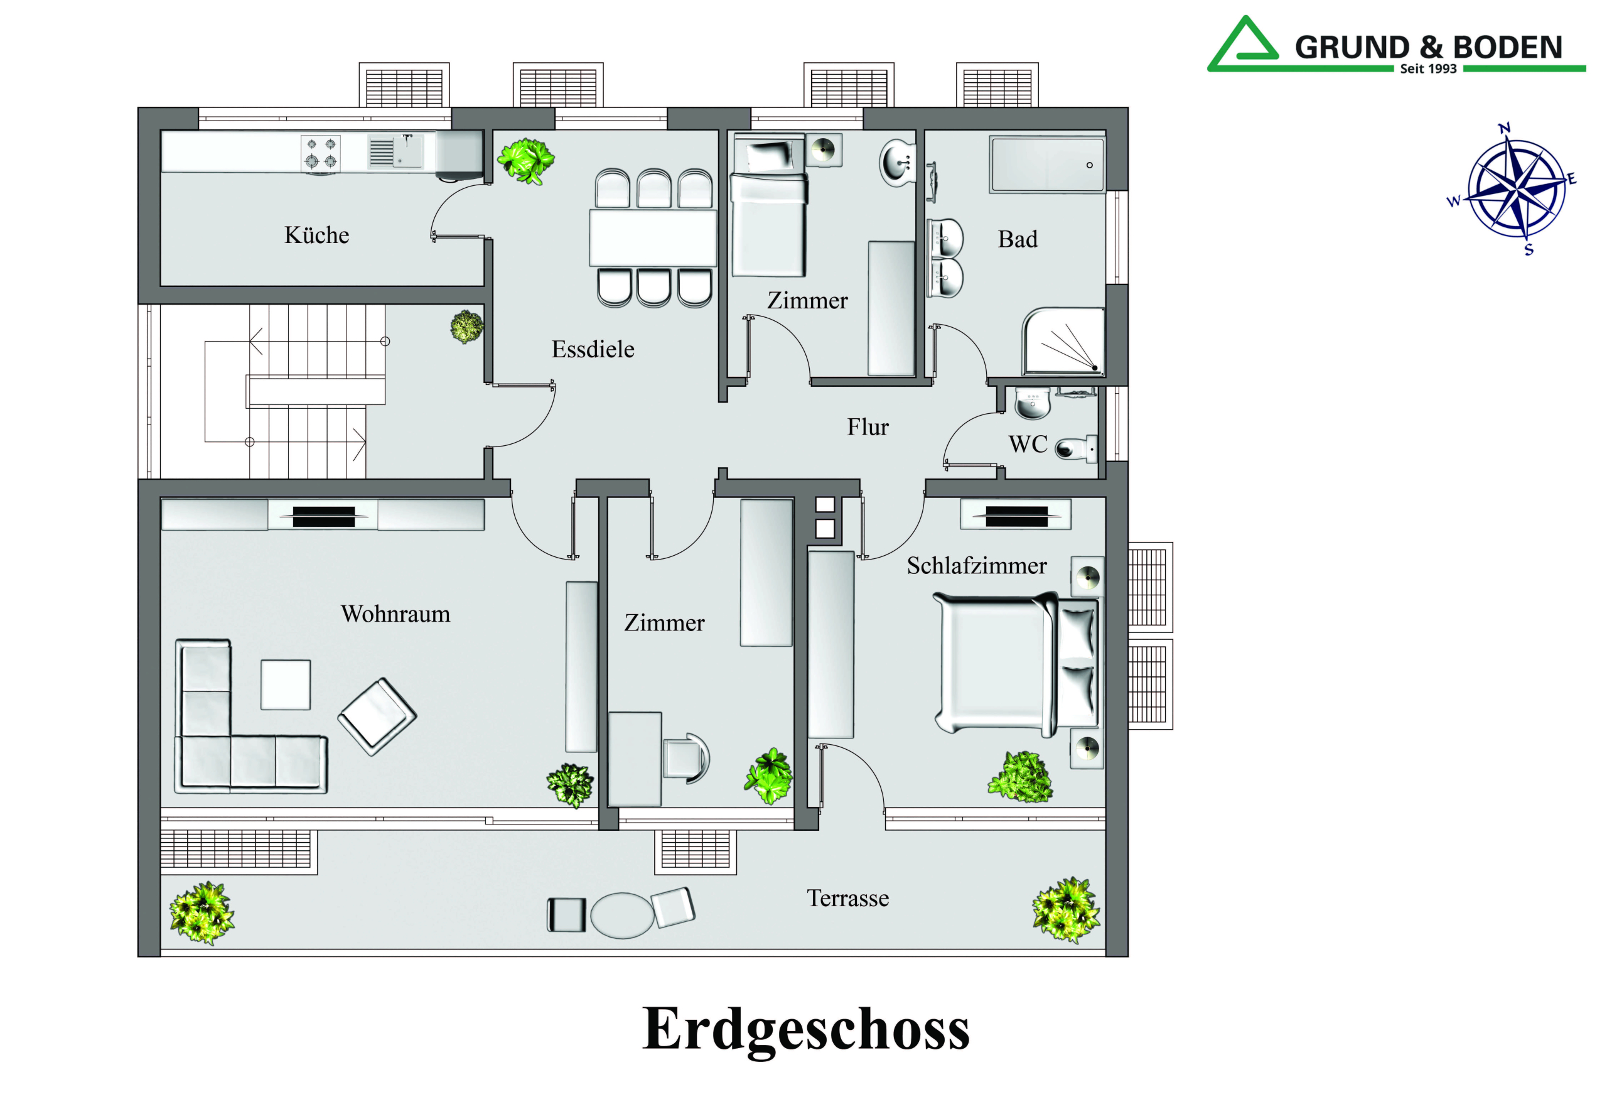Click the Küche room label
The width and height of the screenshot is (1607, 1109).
(x=316, y=235)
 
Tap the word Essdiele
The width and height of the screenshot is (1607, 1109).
(x=593, y=349)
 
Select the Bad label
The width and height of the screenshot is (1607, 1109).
(x=1018, y=239)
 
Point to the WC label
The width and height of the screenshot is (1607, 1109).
(x=1028, y=444)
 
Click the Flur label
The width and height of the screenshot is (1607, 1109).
(x=868, y=426)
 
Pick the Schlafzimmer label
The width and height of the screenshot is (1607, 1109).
(x=976, y=566)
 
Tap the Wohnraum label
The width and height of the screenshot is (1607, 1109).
(x=395, y=614)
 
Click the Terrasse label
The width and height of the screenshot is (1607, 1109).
(x=847, y=899)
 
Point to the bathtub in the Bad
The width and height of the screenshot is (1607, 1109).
(x=1046, y=165)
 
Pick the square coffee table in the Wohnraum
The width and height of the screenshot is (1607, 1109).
(x=286, y=684)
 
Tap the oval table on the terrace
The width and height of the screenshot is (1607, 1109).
(x=621, y=916)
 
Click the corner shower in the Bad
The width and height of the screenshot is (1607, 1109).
(x=1063, y=341)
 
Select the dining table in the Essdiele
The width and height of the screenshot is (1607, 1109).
(x=653, y=237)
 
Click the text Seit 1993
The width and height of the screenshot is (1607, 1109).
(x=1428, y=69)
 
